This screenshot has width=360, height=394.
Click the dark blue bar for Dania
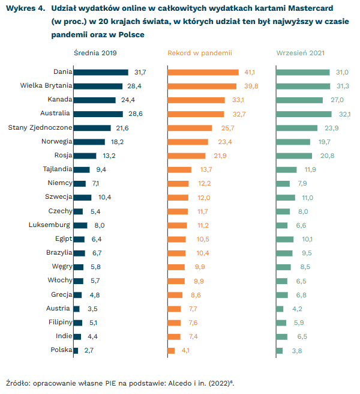(101, 72)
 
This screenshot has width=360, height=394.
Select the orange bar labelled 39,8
(202, 86)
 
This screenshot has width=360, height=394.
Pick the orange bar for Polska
(171, 351)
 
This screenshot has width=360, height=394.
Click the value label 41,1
(250, 72)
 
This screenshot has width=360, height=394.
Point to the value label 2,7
(89, 350)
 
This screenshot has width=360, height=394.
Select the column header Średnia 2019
(95, 53)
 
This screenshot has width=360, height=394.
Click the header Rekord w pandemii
(200, 53)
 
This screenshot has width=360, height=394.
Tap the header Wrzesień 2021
(301, 53)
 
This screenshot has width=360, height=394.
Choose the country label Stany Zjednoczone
(40, 128)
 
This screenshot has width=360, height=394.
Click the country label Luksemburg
(49, 225)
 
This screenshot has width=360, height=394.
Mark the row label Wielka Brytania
(46, 86)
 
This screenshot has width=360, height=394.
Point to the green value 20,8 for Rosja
(327, 156)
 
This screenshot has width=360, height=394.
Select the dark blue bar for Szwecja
(83, 198)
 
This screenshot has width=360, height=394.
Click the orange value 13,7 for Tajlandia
(206, 169)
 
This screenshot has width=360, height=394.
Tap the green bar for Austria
(280, 309)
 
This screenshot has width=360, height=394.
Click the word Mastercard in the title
(311, 8)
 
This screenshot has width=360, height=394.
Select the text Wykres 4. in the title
(25, 8)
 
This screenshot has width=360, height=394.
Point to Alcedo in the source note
(180, 383)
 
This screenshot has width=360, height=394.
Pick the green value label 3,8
(297, 351)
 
